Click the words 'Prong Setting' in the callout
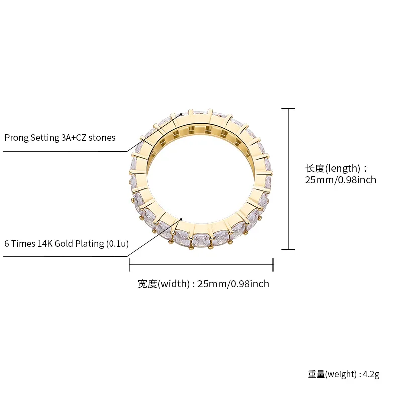coord(31,138)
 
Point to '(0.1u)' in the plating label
coord(118,244)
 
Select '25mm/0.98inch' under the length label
coord(340,180)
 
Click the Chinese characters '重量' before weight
coord(316,374)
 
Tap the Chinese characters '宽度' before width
coord(147,284)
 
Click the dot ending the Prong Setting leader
coord(182,114)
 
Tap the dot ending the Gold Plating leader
coord(181,219)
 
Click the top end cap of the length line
coord(288,108)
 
